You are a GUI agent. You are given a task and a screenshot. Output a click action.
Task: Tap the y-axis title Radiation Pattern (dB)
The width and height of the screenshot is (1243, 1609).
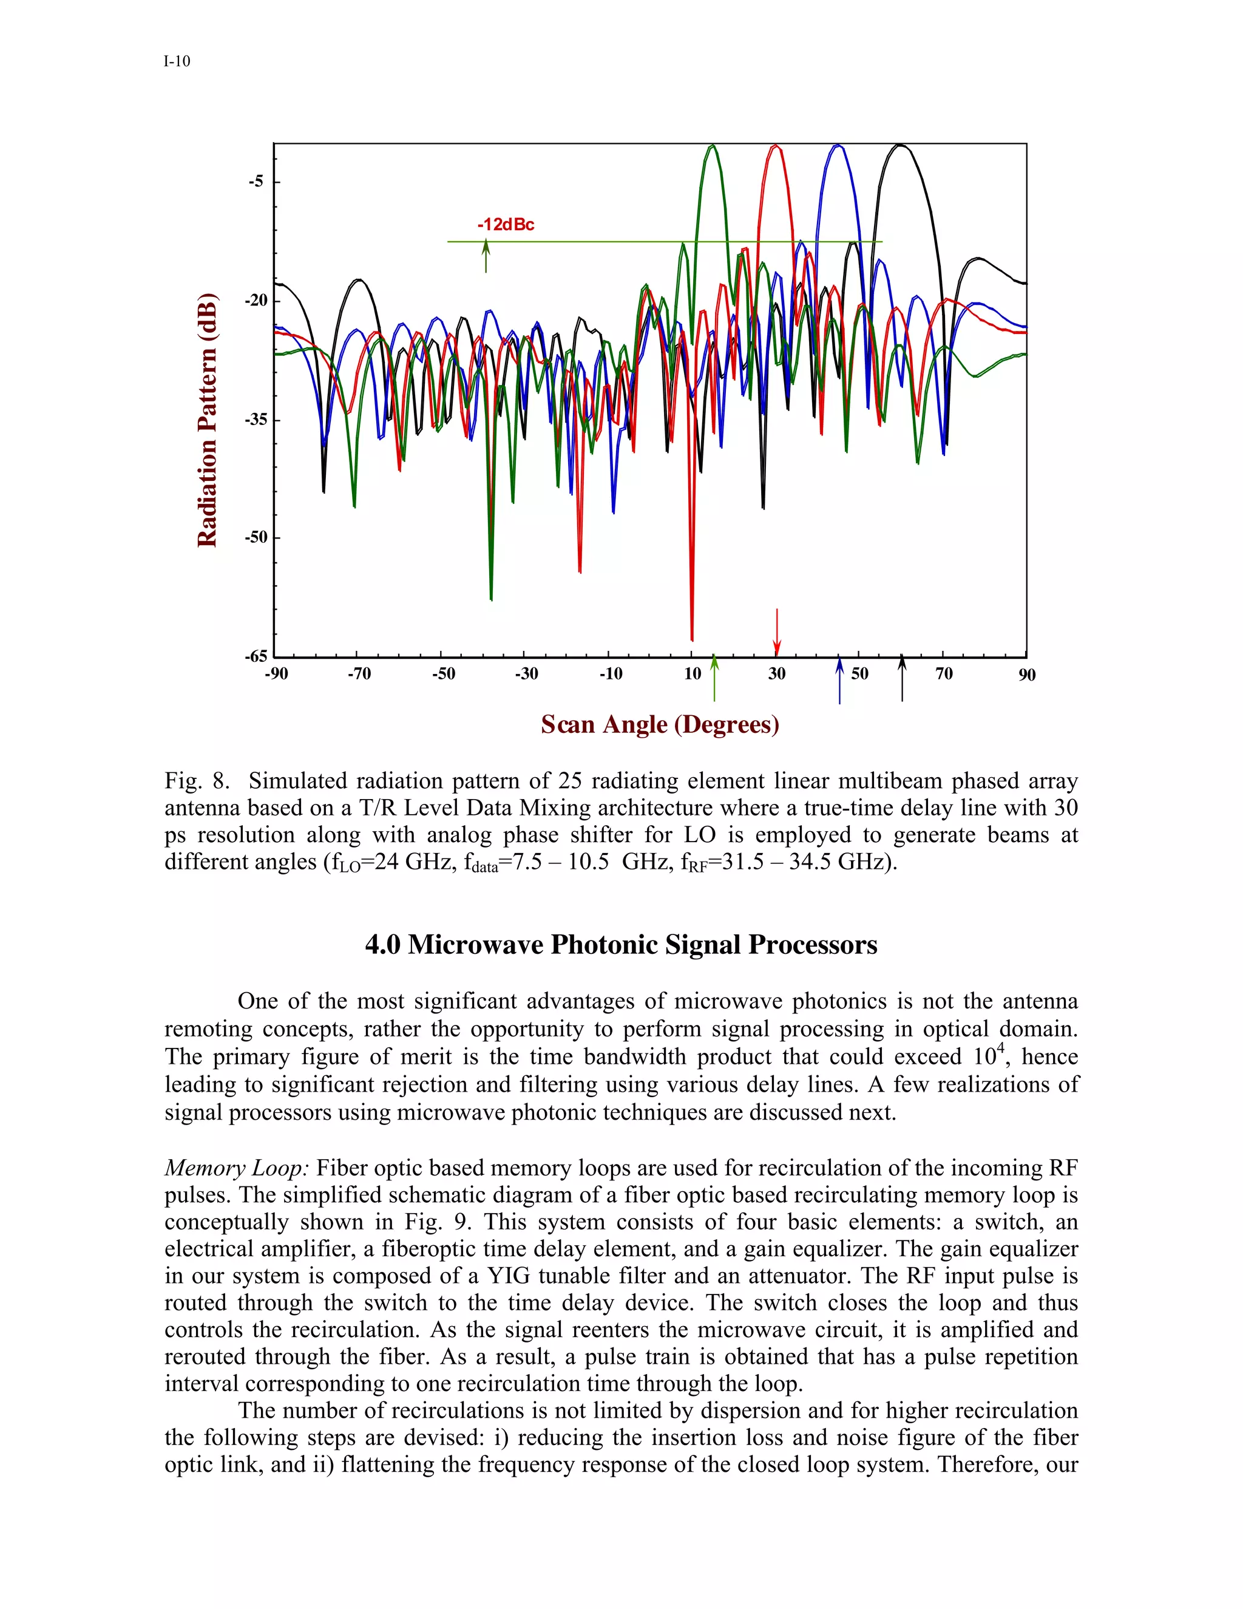point(208,420)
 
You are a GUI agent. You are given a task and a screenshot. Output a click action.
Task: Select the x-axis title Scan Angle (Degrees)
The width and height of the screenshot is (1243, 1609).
point(660,724)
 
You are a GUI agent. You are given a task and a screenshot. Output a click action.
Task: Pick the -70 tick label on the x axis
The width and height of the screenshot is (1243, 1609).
point(359,673)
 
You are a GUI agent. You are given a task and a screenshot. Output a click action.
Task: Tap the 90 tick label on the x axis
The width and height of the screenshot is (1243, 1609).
point(1026,675)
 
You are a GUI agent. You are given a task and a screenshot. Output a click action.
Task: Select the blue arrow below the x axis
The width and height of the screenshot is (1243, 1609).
point(839,681)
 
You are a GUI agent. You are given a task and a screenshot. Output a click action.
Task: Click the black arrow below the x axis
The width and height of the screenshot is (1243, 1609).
point(902,679)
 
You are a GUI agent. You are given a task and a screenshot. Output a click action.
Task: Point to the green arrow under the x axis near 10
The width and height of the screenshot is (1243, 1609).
point(714,679)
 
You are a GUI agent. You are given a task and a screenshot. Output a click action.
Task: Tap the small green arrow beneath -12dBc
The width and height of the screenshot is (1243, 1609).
point(486,256)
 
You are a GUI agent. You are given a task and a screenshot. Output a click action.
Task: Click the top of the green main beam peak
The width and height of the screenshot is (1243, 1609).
point(712,146)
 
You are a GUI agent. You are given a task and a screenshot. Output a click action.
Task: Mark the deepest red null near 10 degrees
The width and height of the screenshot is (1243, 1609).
point(691,638)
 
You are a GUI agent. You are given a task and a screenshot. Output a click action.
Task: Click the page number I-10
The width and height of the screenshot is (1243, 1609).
point(177,61)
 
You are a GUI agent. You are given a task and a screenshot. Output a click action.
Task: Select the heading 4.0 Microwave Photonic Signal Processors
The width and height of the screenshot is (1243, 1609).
point(621,945)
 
